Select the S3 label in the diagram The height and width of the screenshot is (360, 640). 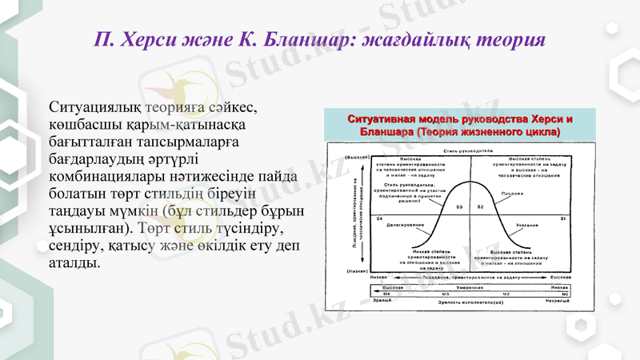click(x=459, y=206)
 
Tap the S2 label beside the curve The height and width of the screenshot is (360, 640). click(x=480, y=206)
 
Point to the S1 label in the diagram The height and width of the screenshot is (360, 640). click(x=563, y=218)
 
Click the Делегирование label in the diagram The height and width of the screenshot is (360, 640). click(x=405, y=225)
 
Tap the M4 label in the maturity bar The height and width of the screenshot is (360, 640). click(x=386, y=294)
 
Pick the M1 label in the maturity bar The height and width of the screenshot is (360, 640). click(x=565, y=294)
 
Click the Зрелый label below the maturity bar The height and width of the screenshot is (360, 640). click(x=382, y=302)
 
